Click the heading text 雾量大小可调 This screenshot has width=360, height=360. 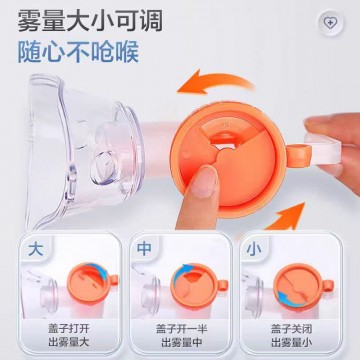[90, 21]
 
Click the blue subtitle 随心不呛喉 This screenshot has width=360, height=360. [78, 51]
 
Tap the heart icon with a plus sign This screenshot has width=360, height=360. [330, 23]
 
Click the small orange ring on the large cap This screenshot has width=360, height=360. [297, 154]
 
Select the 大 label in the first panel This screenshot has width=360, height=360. [36, 249]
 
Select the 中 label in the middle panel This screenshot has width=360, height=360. [144, 249]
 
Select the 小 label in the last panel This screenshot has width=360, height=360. [253, 249]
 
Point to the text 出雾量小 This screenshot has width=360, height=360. [291, 342]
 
